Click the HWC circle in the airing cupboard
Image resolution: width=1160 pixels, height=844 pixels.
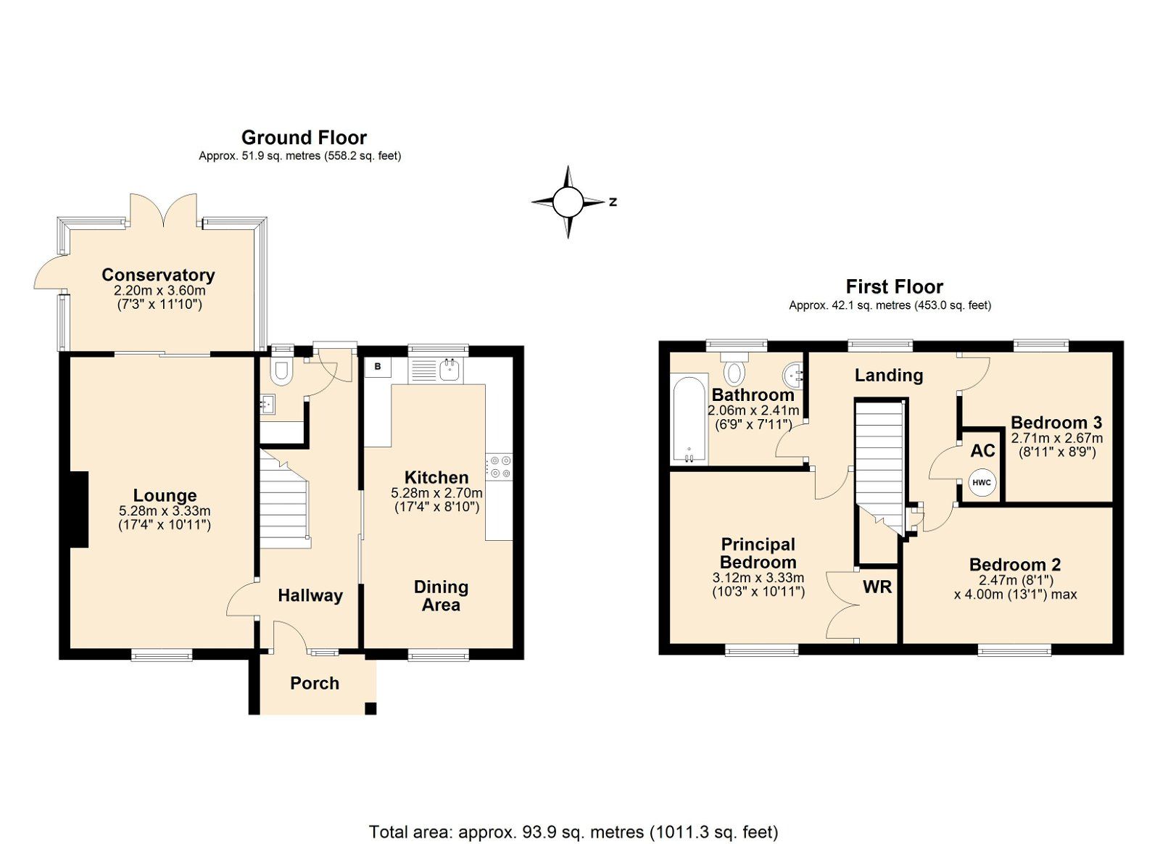click(982, 483)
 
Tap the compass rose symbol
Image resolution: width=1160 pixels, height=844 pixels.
click(568, 202)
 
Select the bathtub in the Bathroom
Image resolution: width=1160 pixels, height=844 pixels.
click(689, 419)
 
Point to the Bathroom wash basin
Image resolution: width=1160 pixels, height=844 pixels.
click(792, 376)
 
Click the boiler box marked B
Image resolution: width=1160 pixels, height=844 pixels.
click(377, 368)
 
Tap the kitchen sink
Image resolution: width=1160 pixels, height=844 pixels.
click(450, 371)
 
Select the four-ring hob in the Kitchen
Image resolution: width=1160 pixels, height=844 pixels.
click(499, 467)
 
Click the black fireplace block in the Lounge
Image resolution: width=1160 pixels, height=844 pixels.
click(78, 510)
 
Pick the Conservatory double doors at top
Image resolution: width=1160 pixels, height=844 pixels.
click(163, 210)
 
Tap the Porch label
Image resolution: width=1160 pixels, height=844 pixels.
click(315, 683)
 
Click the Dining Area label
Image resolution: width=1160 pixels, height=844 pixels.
click(441, 596)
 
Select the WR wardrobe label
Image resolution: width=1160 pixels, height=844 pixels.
click(877, 587)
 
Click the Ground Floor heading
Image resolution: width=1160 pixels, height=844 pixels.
click(304, 138)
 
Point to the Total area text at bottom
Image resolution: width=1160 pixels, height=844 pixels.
click(573, 832)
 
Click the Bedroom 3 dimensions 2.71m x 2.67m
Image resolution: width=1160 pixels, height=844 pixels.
click(1056, 438)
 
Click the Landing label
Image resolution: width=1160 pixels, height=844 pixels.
click(888, 376)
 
